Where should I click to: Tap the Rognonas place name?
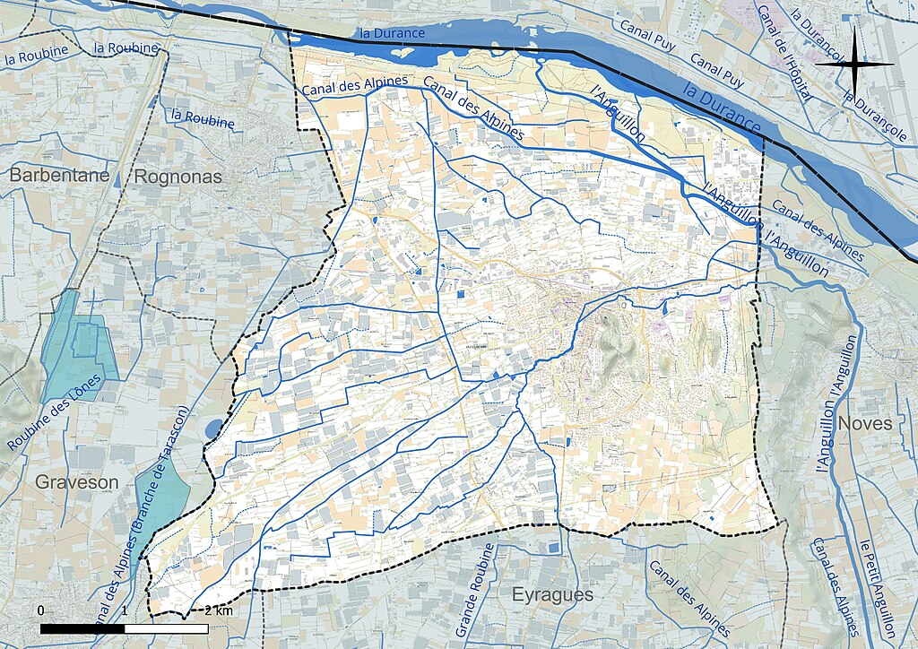point(177,177)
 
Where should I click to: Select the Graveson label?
point(76,482)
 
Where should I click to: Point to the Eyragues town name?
point(552,594)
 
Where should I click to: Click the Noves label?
point(865,423)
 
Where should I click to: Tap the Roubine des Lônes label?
point(55,413)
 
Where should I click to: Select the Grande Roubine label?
point(475,590)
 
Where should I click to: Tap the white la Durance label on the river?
point(392,33)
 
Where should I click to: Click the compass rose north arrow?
point(854,64)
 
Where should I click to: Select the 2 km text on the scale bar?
point(219,610)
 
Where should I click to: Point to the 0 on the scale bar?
point(41,610)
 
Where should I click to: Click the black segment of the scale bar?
point(82,628)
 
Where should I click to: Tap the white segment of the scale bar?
point(166,628)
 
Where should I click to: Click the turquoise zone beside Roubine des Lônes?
point(78,345)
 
